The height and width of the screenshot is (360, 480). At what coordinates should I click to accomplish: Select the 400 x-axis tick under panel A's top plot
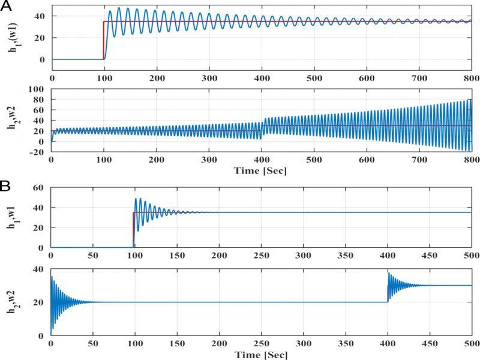(x=261, y=78)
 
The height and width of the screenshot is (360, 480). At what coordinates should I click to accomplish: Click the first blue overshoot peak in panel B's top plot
(x=136, y=199)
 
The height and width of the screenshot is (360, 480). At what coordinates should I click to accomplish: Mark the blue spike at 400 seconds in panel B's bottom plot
(x=388, y=274)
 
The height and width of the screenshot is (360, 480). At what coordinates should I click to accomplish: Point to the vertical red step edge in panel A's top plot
(x=104, y=41)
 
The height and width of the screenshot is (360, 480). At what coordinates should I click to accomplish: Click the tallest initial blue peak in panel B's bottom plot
(x=52, y=277)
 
